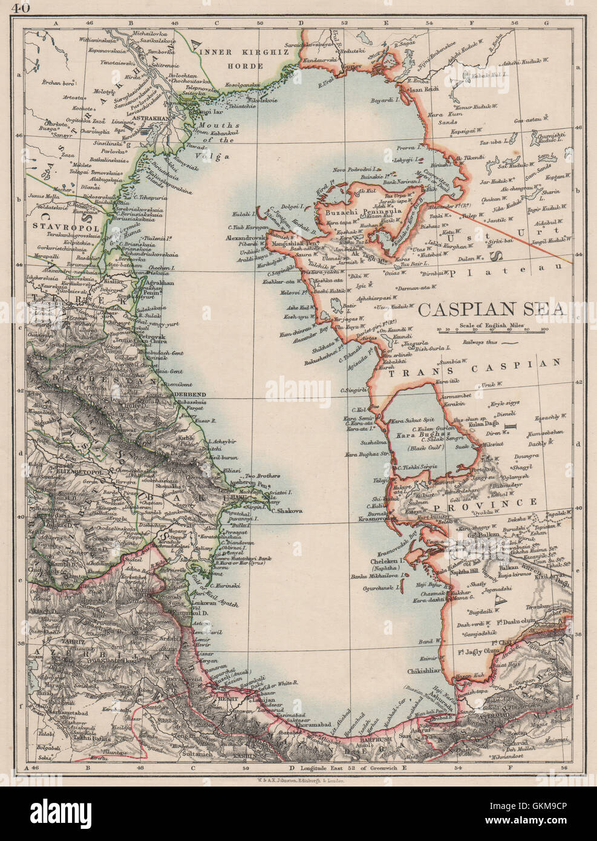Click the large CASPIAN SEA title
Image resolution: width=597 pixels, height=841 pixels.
493,309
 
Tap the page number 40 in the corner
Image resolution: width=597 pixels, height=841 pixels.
20,8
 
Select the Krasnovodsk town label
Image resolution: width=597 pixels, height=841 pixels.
376,519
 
